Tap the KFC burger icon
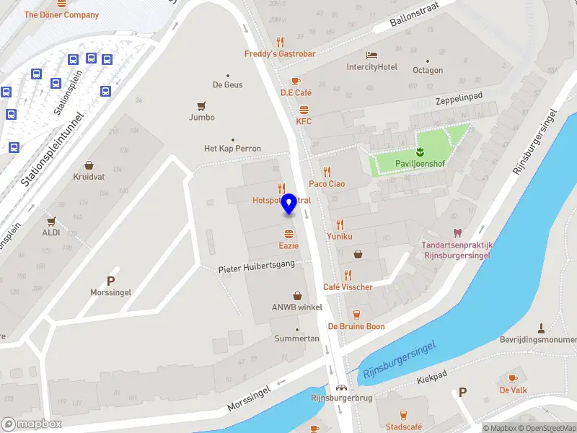(x=304, y=110)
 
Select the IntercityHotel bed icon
(x=372, y=56)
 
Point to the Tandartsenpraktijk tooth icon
(x=456, y=232)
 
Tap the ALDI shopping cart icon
(x=50, y=221)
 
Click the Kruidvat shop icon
(x=89, y=165)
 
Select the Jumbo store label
(x=202, y=117)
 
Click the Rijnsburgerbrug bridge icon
(x=340, y=387)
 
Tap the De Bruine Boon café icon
(x=356, y=315)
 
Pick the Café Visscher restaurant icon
(x=348, y=275)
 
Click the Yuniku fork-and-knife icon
(x=339, y=224)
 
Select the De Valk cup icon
(x=513, y=378)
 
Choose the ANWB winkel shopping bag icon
(x=297, y=296)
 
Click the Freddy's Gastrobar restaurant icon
(x=281, y=42)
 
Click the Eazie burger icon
(x=289, y=234)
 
